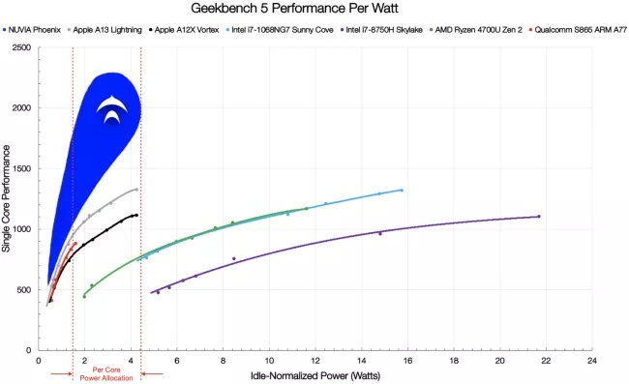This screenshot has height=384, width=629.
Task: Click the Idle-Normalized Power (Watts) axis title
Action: click(x=315, y=374)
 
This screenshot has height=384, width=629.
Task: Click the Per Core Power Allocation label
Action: click(x=106, y=373)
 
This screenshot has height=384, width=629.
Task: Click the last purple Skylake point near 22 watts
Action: click(x=539, y=217)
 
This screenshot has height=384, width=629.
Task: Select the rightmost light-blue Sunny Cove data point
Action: click(x=402, y=191)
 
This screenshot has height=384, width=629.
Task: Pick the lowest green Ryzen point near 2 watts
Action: click(x=84, y=296)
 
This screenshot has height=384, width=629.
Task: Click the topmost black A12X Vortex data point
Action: click(x=136, y=215)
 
